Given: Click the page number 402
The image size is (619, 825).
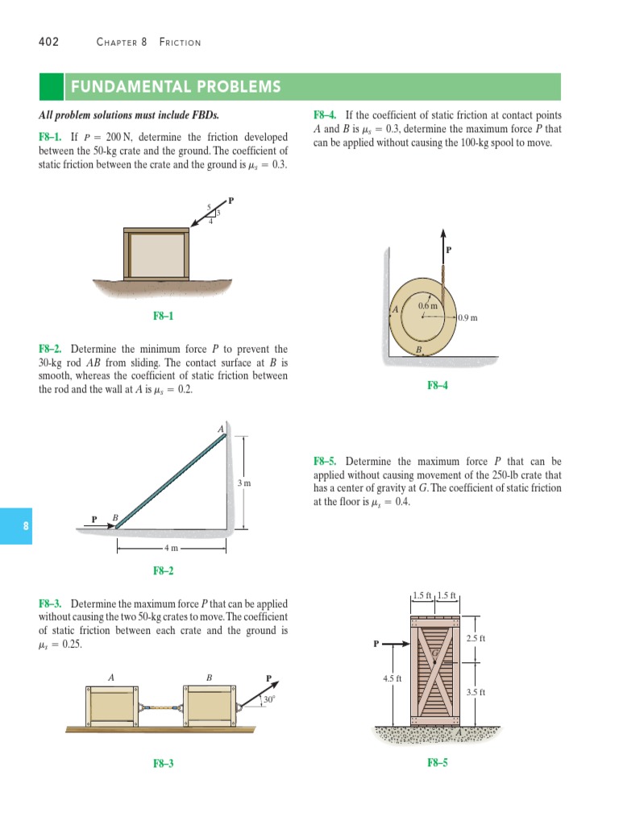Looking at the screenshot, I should click(48, 42).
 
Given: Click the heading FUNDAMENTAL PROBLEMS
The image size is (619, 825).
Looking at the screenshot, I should click(176, 87).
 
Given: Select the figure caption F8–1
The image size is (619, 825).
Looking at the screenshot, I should click(164, 317).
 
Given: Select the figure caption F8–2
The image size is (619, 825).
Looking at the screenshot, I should click(164, 571).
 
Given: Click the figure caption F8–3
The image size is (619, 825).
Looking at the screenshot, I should click(164, 763).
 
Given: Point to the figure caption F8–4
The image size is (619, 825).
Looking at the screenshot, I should click(438, 386).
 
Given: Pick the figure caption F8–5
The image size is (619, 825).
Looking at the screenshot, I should click(438, 763).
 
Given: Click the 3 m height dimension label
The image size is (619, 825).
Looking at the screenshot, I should click(245, 483).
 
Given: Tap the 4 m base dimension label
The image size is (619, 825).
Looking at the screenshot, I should click(171, 549).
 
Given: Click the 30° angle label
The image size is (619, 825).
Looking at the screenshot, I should click(268, 700).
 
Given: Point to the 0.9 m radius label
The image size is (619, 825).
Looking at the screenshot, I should click(467, 317).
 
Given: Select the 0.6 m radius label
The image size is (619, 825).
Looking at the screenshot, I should click(427, 306).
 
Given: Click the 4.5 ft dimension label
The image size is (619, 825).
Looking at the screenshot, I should click(393, 678).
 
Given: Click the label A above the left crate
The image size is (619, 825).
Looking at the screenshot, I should click(110, 677).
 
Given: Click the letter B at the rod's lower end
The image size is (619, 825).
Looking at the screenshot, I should click(114, 516).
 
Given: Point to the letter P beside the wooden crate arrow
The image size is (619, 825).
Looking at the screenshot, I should click(375, 645).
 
